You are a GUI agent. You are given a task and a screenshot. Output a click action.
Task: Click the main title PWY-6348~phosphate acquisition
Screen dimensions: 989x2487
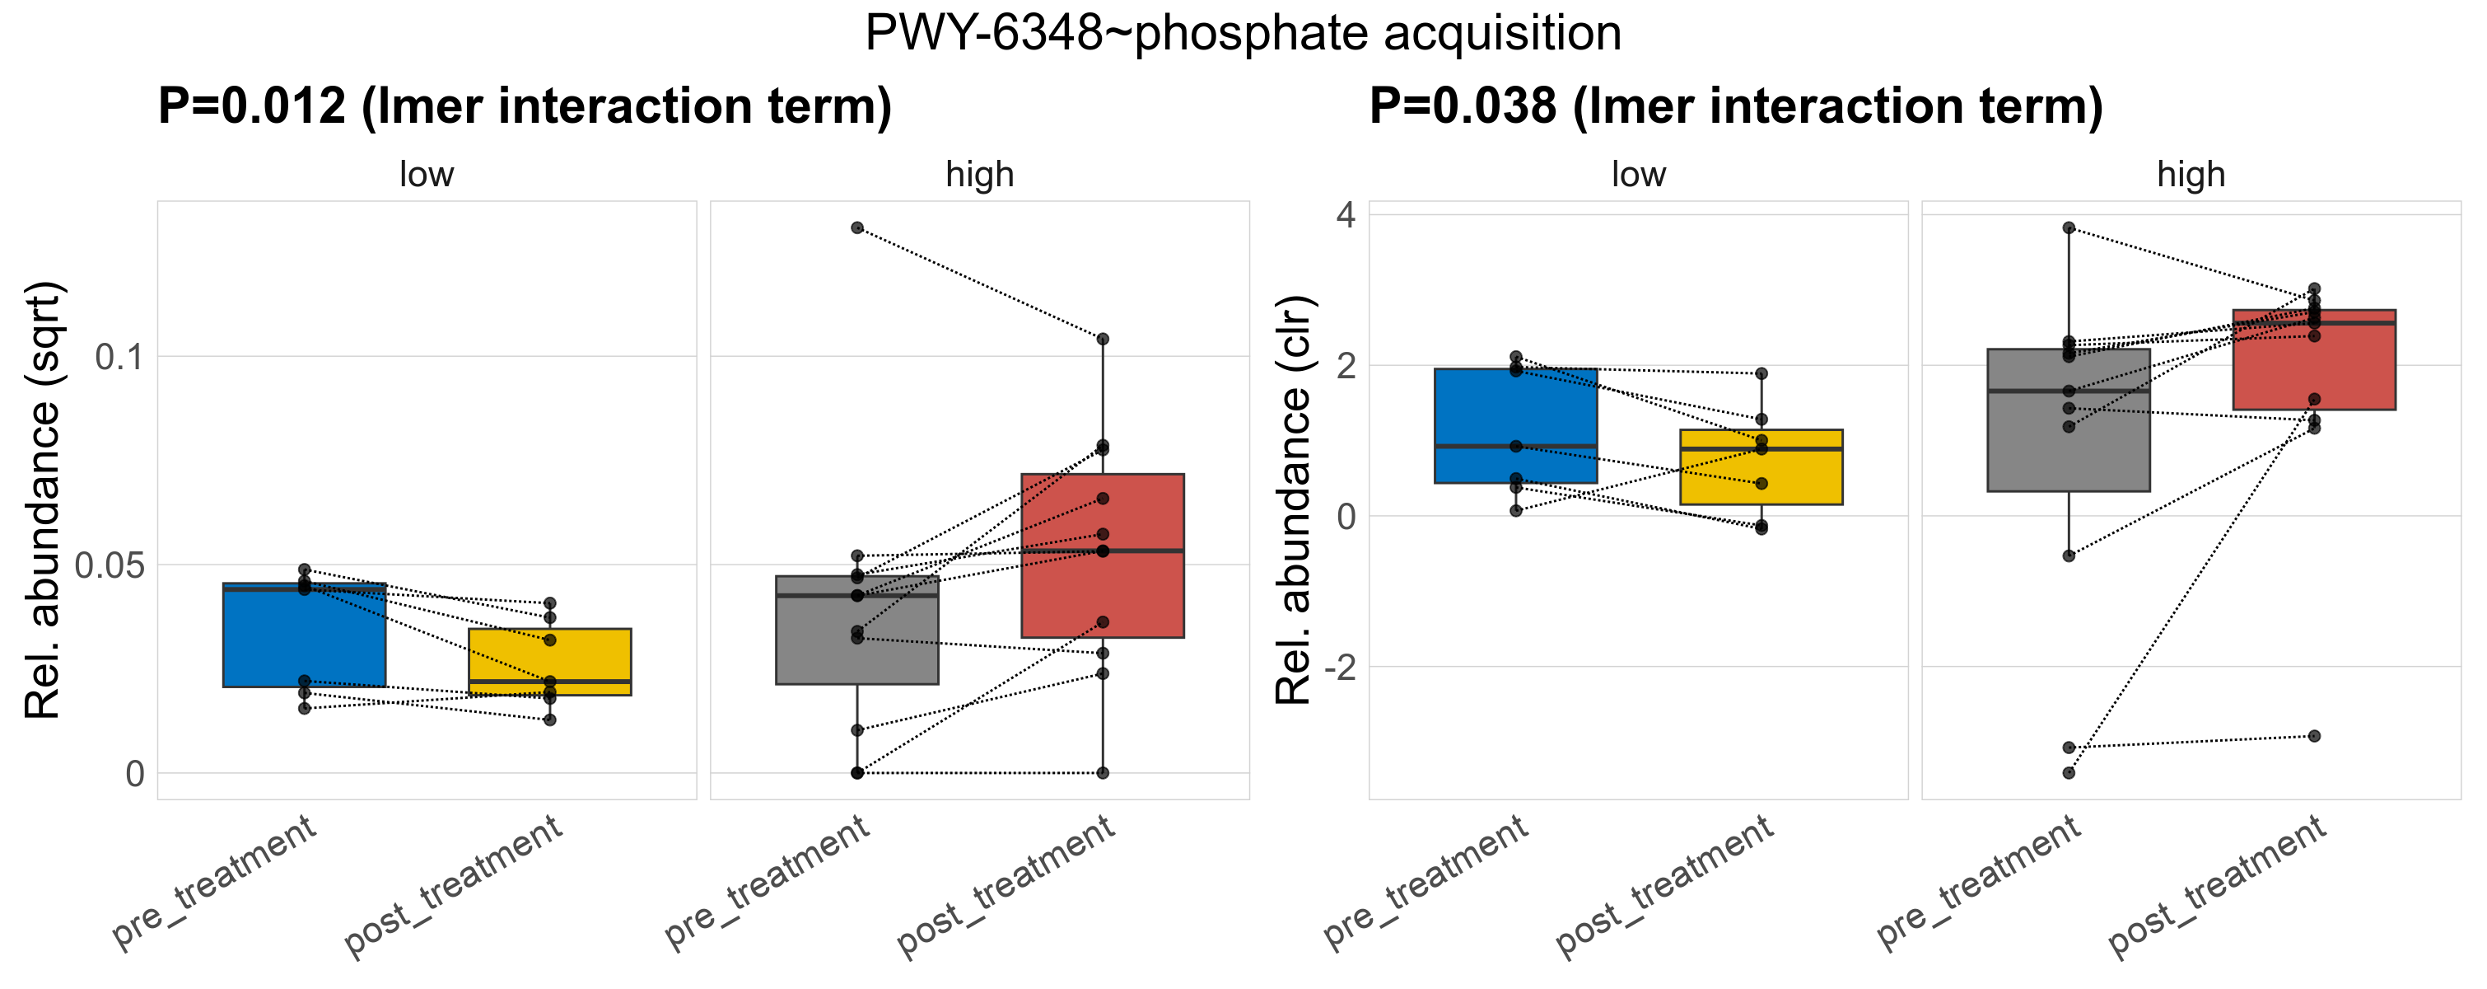(x=1243, y=34)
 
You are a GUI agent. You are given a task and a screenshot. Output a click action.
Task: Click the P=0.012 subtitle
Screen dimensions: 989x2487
(x=525, y=106)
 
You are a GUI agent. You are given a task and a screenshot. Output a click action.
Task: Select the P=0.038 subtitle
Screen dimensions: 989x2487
(x=1735, y=106)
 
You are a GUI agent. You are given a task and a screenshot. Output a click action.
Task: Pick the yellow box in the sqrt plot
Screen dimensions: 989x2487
(x=549, y=662)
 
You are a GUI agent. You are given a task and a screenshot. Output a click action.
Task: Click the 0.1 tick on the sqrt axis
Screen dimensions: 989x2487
(x=119, y=358)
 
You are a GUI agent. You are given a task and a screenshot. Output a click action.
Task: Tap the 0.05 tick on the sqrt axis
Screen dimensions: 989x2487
(x=109, y=565)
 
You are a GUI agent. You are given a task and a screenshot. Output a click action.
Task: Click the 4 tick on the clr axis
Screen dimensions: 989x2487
(x=1346, y=214)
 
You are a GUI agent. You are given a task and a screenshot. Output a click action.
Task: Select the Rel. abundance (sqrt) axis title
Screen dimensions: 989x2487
(x=44, y=500)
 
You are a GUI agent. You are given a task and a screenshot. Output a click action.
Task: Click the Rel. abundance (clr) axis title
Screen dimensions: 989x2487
(x=1294, y=500)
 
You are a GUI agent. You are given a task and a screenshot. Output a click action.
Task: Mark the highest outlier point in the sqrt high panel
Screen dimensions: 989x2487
(x=856, y=228)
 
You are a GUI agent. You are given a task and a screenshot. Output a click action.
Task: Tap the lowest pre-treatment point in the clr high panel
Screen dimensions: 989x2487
(x=2068, y=773)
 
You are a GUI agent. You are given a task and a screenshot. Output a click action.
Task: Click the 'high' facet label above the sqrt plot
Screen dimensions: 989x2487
(x=979, y=175)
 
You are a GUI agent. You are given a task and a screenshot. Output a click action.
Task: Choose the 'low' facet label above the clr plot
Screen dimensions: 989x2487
(x=1637, y=175)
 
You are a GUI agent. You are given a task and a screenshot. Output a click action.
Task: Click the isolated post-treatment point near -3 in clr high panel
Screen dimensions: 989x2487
(x=2313, y=736)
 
